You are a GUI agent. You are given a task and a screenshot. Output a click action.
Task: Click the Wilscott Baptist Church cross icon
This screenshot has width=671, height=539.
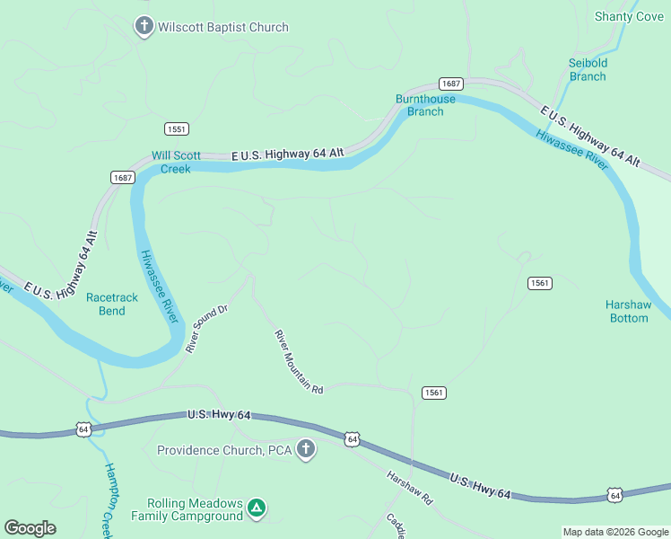(x=144, y=27)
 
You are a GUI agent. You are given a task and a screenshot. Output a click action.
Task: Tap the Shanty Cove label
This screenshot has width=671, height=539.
(x=629, y=16)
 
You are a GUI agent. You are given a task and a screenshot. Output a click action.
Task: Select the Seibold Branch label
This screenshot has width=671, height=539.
(x=588, y=69)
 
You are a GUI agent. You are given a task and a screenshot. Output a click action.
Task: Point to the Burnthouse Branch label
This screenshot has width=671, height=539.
(x=425, y=105)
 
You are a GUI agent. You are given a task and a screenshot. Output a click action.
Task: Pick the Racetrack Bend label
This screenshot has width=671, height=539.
(x=111, y=304)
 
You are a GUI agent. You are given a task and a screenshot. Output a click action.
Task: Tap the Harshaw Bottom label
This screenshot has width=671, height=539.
(x=627, y=311)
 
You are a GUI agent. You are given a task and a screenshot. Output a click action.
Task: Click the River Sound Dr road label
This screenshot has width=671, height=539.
(x=207, y=328)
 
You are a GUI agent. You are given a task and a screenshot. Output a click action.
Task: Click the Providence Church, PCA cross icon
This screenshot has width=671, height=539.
(x=306, y=449)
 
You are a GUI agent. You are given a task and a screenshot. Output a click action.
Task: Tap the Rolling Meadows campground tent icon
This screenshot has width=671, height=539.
(x=257, y=509)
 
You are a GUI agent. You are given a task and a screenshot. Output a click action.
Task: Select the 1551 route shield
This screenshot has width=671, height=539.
(x=176, y=128)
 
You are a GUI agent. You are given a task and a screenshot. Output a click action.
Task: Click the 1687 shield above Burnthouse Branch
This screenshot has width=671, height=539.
(x=451, y=83)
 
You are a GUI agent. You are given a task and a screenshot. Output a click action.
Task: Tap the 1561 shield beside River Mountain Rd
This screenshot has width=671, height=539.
(x=432, y=393)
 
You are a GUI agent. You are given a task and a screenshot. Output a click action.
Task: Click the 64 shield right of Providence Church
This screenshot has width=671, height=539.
(x=352, y=439)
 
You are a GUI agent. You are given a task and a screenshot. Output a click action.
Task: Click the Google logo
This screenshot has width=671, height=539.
(x=30, y=528)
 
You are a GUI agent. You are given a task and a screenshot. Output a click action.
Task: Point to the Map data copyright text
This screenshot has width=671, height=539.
(x=615, y=532)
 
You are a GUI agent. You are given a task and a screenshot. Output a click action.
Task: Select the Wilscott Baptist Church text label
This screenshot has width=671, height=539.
(x=223, y=27)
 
